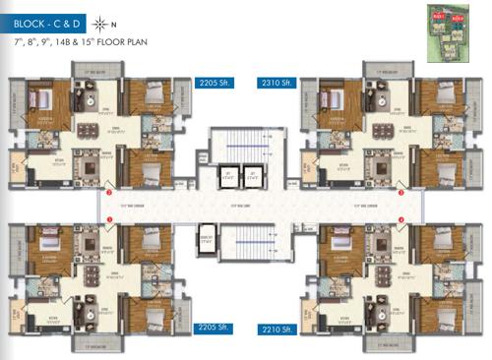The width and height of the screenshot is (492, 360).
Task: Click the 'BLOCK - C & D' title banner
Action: coord(47,22)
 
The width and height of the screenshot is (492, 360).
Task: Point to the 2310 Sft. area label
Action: coord(276,83)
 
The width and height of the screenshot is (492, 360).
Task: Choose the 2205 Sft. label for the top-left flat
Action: coord(214,83)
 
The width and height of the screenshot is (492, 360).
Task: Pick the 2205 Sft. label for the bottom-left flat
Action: coord(213,326)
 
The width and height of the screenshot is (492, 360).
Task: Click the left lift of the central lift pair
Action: coord(226,178)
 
